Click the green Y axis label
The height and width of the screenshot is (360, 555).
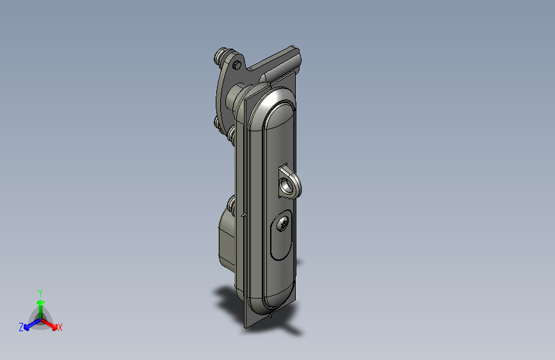(x=40, y=293)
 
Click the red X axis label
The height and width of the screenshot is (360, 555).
(x=60, y=328)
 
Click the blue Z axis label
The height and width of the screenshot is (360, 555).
(x=21, y=327)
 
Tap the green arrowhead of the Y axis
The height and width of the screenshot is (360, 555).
(x=41, y=303)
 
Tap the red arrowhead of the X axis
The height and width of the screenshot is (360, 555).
(x=54, y=327)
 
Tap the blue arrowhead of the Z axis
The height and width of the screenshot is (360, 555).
(x=26, y=327)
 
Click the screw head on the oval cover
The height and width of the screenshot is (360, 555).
(x=283, y=224)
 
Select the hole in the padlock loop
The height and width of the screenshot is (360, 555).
(x=284, y=184)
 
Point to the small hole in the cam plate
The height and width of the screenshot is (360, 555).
(x=237, y=65)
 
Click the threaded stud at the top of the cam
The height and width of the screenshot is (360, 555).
(x=221, y=56)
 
